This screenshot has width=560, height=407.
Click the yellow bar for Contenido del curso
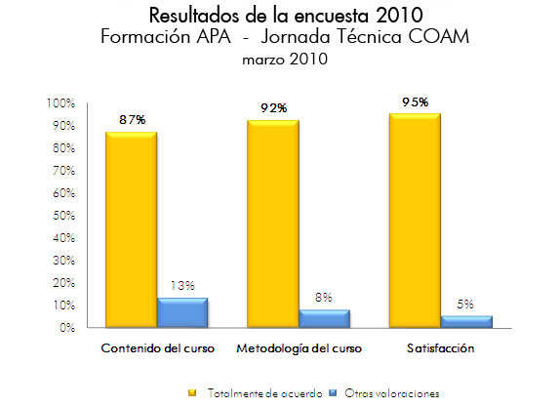[131, 230]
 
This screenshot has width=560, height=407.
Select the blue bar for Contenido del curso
[182, 313]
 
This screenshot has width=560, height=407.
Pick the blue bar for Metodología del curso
[325, 319]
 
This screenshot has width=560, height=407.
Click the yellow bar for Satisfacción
[414, 221]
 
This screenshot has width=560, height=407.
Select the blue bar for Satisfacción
[466, 322]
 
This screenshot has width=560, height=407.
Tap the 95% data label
[416, 102]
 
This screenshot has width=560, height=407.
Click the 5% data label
[467, 304]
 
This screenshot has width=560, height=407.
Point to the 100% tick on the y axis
[60, 103]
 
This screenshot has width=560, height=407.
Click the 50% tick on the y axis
[62, 216]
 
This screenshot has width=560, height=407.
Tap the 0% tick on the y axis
[66, 328]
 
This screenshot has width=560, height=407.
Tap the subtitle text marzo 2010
[280, 60]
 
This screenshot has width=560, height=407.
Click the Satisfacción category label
[440, 349]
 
